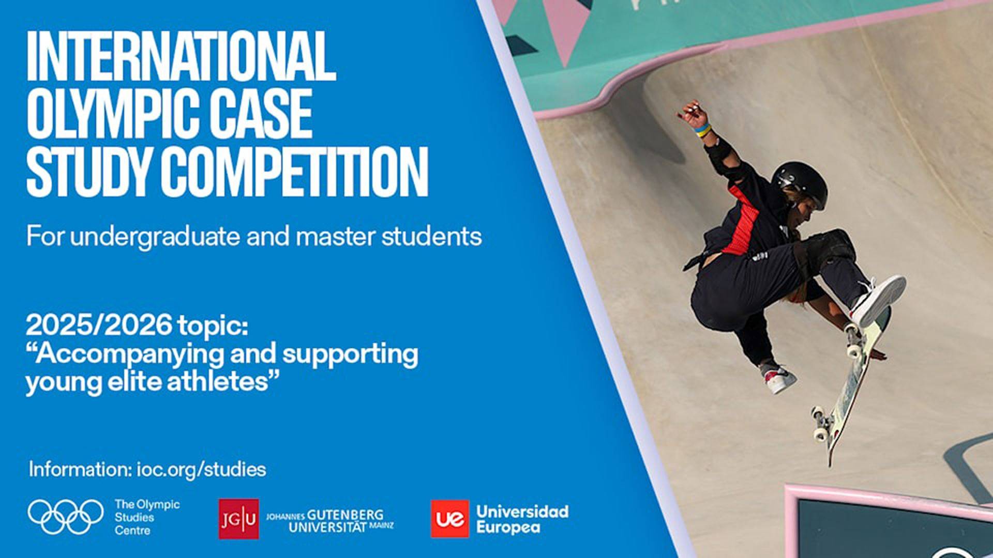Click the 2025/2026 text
pyautogui.click(x=99, y=326)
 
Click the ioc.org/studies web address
pyautogui.click(x=201, y=470)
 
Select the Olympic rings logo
pyautogui.click(x=66, y=517)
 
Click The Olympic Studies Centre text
pyautogui.click(x=147, y=517)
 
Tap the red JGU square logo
pyautogui.click(x=238, y=519)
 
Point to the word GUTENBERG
pyautogui.click(x=345, y=515)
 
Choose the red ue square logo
pyautogui.click(x=450, y=519)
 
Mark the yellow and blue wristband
pyautogui.click(x=702, y=131)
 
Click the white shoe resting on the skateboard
pyautogui.click(x=878, y=300)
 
